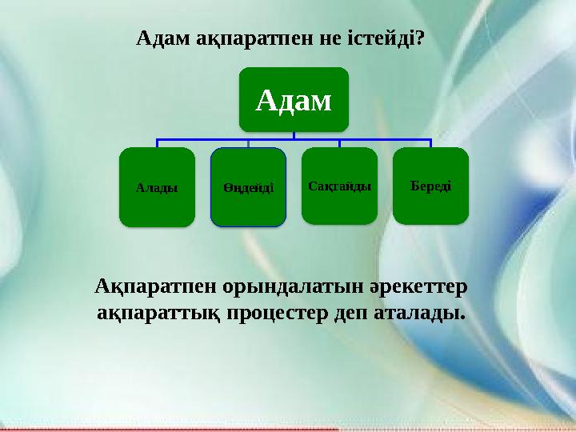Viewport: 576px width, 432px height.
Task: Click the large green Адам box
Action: click(x=293, y=99)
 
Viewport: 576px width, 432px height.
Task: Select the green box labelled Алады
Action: click(x=157, y=187)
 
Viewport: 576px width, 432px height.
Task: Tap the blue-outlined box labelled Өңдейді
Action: click(x=248, y=187)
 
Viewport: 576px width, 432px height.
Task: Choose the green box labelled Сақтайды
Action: click(x=339, y=186)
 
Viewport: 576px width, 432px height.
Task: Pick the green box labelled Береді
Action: click(x=430, y=186)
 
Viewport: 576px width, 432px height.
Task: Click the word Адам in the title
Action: click(x=163, y=38)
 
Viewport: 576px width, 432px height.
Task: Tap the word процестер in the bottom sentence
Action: click(x=278, y=311)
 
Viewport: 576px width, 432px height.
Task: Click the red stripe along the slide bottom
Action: click(x=160, y=429)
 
